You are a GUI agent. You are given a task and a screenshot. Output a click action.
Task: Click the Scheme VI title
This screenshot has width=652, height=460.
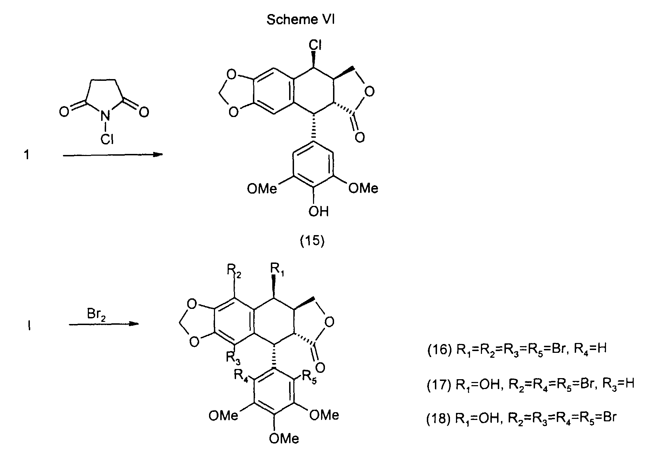[x=300, y=20]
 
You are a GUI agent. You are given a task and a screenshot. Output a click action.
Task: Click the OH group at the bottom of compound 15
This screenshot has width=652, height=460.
[x=318, y=212]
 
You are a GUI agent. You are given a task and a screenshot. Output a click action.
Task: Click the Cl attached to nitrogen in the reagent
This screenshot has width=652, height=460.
[x=107, y=140]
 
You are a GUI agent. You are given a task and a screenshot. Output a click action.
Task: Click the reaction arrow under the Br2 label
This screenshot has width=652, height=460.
[x=102, y=324]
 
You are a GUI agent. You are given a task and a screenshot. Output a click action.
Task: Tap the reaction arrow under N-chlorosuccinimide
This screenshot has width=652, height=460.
[x=113, y=155]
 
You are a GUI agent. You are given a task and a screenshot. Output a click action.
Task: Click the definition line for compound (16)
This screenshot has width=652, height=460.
[x=516, y=350]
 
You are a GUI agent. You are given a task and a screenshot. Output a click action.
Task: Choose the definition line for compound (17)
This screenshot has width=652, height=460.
[x=530, y=384]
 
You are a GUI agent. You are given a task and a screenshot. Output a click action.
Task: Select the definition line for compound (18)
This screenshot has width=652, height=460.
[x=521, y=419]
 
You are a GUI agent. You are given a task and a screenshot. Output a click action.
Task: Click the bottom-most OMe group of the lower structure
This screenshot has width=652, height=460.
[x=284, y=438]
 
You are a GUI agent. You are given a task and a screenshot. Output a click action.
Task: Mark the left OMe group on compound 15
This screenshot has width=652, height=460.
[x=262, y=189]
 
